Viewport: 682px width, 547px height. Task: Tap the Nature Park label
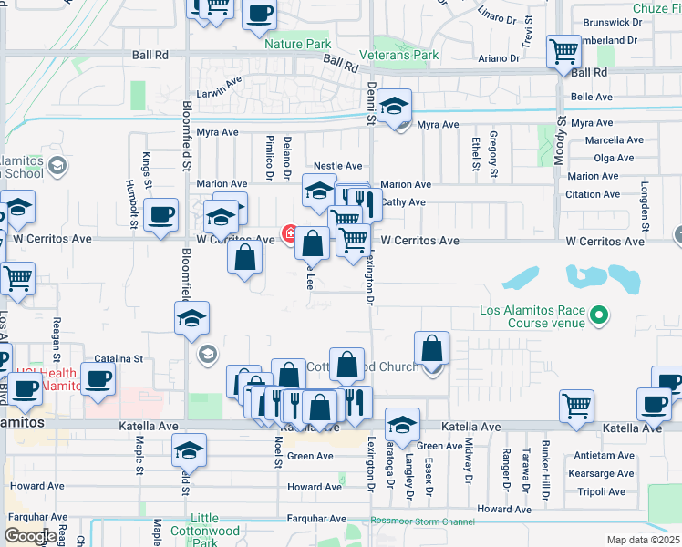pyautogui.click(x=297, y=44)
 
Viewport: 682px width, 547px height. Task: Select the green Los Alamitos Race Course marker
pyautogui.click(x=598, y=316)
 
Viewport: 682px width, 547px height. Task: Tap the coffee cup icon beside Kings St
pyautogui.click(x=161, y=215)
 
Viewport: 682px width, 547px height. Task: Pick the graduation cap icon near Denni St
pyautogui.click(x=395, y=108)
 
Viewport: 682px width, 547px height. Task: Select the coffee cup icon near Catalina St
pyautogui.click(x=98, y=379)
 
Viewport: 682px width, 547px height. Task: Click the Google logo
pyautogui.click(x=29, y=536)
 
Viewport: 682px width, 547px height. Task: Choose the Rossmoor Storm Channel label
pyautogui.click(x=423, y=521)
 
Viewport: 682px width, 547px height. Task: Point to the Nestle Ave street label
pyautogui.click(x=337, y=166)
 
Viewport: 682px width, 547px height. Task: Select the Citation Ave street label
pyautogui.click(x=592, y=194)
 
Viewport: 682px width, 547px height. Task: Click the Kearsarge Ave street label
pyautogui.click(x=599, y=474)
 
